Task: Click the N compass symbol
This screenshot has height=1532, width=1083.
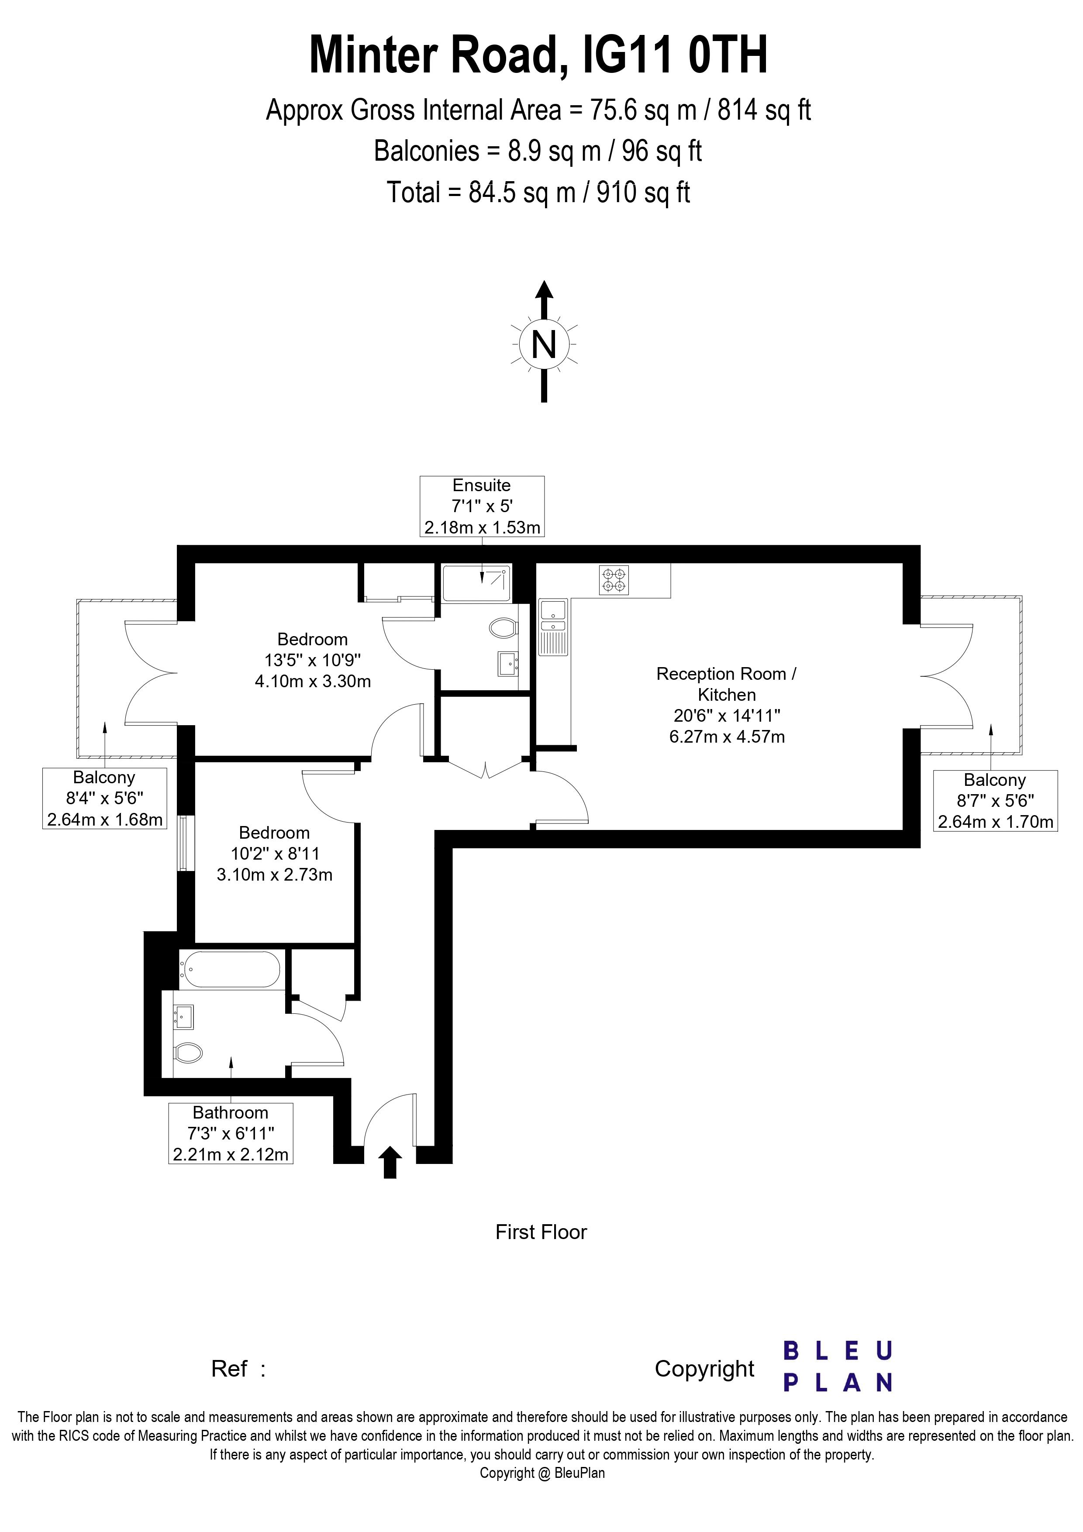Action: tap(544, 345)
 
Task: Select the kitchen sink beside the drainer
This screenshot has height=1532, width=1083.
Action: tap(552, 610)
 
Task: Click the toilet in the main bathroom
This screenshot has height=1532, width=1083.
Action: tap(188, 1053)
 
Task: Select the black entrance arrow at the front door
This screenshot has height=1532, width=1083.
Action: tap(390, 1162)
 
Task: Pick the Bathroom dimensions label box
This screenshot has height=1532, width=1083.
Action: tap(230, 1133)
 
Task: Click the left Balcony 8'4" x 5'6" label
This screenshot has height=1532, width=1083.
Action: tap(104, 799)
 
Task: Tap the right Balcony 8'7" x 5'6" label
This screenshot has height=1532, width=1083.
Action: tap(995, 801)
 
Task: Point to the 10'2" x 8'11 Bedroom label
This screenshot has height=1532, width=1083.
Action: tap(274, 854)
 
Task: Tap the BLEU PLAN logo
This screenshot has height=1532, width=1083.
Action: tap(838, 1367)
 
